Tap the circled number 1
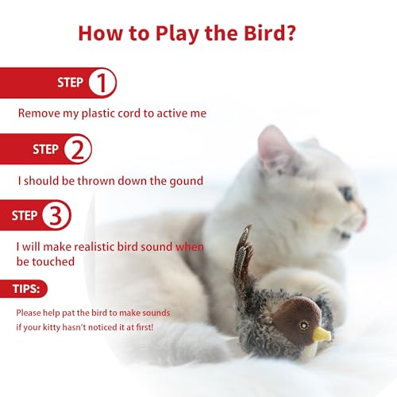[101, 83]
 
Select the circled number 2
[76, 148]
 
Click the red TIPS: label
[24, 289]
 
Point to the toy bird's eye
[303, 324]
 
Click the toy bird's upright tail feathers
[245, 254]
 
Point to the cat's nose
[363, 216]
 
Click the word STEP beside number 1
[70, 83]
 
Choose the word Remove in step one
[37, 114]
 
